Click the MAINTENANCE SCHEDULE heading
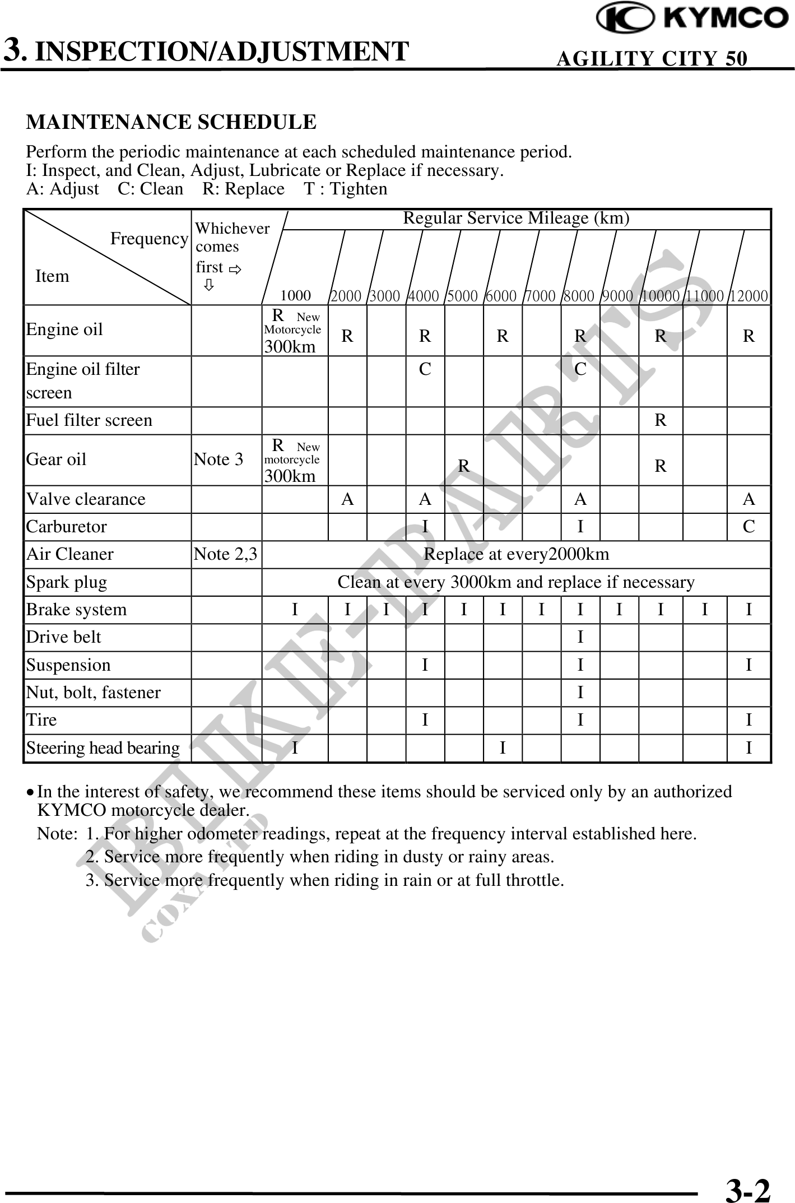click(x=171, y=122)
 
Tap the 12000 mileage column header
click(x=748, y=296)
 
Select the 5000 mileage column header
click(x=463, y=296)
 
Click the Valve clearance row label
click(x=86, y=499)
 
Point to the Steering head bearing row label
click(x=103, y=748)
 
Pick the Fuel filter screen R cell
click(x=661, y=420)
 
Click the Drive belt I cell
click(x=580, y=637)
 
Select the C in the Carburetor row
click(x=748, y=527)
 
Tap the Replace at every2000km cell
click(x=516, y=554)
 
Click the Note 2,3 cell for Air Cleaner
click(x=225, y=554)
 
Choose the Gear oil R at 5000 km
click(x=463, y=466)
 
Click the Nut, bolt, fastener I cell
click(x=580, y=693)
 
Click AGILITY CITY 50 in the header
click(x=652, y=58)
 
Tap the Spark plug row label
click(x=67, y=582)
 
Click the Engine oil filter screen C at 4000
click(x=425, y=369)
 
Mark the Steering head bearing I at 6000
click(x=503, y=748)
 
